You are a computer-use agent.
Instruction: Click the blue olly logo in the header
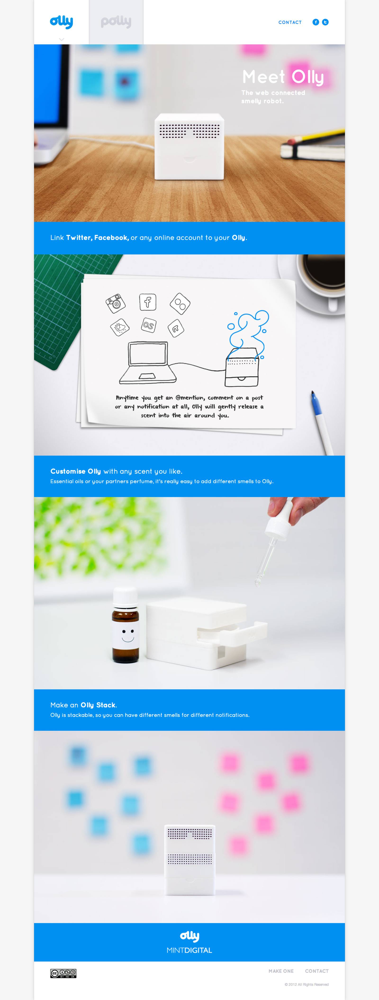point(61,22)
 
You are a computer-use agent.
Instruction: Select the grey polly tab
point(116,22)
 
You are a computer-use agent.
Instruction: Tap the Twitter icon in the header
point(325,22)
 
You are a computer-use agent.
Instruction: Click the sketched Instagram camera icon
point(116,303)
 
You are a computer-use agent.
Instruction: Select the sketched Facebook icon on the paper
point(148,302)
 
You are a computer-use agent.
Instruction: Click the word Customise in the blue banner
point(68,471)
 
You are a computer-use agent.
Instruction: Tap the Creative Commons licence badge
point(63,973)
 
